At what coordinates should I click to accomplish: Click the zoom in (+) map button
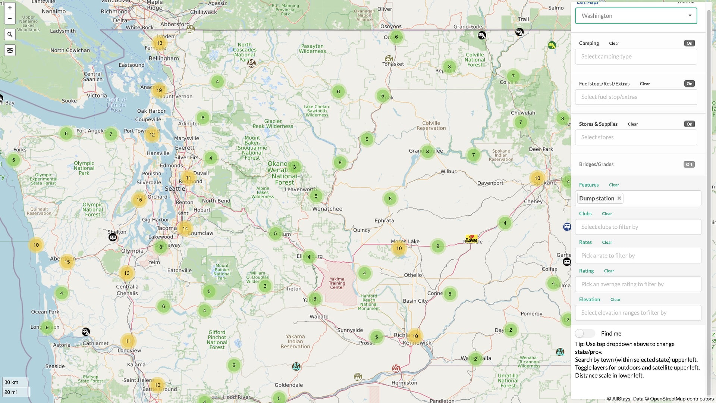[10, 8]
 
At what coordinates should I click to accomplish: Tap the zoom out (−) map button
[10, 19]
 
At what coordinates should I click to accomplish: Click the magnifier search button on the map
[10, 35]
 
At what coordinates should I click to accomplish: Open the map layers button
[10, 50]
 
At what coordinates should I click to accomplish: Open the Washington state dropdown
[636, 16]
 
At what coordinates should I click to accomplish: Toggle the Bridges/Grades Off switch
[689, 165]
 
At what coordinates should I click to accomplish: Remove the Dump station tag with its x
[619, 198]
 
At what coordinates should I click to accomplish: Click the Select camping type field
[636, 57]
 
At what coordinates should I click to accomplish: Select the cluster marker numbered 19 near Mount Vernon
[159, 90]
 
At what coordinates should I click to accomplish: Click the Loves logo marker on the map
[472, 239]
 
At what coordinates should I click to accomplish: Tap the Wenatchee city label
[327, 209]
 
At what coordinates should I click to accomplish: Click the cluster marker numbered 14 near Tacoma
[185, 228]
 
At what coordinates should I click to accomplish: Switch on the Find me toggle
[585, 334]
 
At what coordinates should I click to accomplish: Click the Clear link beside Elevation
[615, 300]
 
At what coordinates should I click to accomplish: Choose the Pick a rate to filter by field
[638, 256]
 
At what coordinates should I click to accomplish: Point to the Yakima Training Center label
[337, 283]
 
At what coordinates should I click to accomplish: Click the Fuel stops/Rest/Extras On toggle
[689, 84]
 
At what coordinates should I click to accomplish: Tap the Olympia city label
[132, 251]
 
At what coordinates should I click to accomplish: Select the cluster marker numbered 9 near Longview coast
[47, 328]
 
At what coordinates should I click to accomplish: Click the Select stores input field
[636, 137]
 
